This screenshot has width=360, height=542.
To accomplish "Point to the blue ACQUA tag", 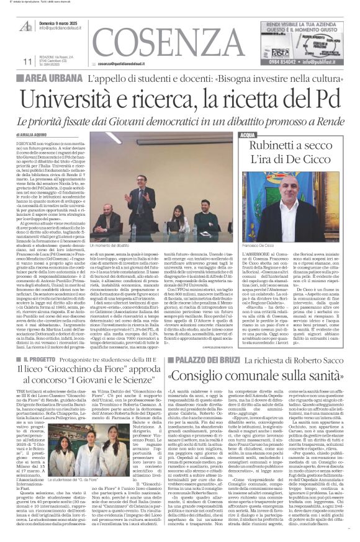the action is click(247, 134).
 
